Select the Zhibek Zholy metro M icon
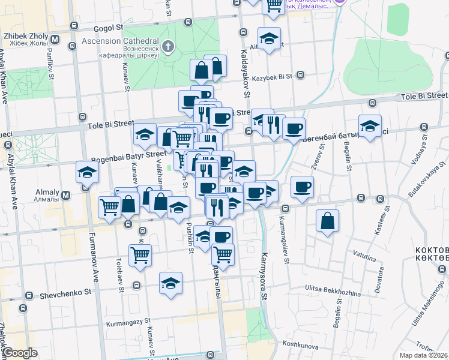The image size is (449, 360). click(x=55, y=40)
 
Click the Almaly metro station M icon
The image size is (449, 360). click(x=66, y=195)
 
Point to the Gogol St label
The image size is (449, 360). click(x=107, y=27)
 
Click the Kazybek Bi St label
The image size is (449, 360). click(x=271, y=77)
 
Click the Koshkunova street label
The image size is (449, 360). click(x=299, y=344)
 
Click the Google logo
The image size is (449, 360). click(x=20, y=353)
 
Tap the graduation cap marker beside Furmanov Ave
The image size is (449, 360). click(x=87, y=173)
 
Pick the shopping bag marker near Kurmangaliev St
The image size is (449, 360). click(x=327, y=221)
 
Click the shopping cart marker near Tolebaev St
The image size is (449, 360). click(x=140, y=255)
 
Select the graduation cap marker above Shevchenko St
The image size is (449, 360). click(x=170, y=283)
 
